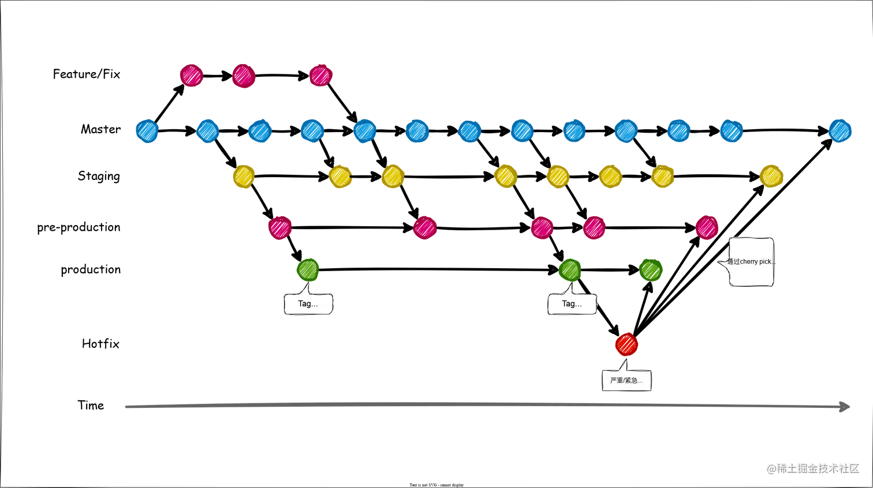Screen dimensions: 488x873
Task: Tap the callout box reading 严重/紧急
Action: tap(626, 381)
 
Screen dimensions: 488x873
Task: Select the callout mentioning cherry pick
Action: tap(751, 261)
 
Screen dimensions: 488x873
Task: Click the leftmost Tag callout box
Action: tap(308, 303)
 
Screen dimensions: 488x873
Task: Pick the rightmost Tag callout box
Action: tap(572, 303)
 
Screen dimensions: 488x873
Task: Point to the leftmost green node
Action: tap(308, 269)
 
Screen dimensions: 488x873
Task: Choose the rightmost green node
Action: tap(651, 269)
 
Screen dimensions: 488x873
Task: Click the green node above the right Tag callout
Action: tap(570, 269)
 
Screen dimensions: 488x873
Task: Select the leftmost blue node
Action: tap(147, 130)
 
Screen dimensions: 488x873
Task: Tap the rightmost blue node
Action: tap(840, 130)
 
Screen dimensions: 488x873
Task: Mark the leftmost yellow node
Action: tap(244, 177)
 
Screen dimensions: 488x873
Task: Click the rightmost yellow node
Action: tap(771, 176)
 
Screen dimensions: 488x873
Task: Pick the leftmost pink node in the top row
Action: tap(191, 75)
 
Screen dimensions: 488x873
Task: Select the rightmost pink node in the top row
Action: tap(321, 75)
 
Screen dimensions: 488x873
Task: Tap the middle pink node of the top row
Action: tap(244, 76)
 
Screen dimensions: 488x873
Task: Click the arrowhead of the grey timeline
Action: tap(846, 406)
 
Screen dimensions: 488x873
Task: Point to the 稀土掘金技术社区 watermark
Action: tap(812, 468)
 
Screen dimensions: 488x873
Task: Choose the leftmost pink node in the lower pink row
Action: tap(280, 227)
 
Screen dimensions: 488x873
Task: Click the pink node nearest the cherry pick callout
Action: tap(707, 227)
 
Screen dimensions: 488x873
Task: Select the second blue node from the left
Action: tap(208, 130)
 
